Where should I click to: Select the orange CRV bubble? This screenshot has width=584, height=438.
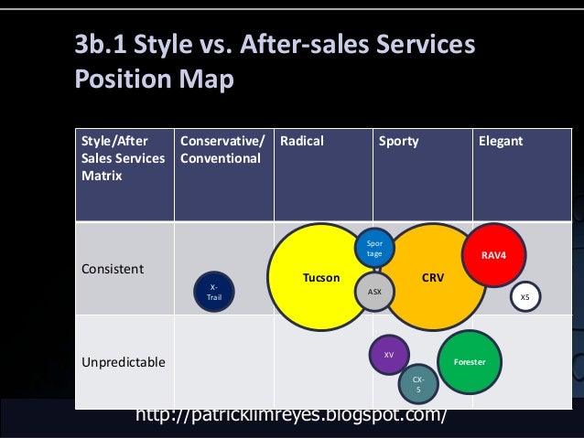pos(432,277)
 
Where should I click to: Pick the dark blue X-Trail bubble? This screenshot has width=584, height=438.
pos(213,291)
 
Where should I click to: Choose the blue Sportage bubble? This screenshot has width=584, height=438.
pos(374,248)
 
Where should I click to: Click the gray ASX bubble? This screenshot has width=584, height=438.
pos(374,292)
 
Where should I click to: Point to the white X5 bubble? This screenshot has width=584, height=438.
pos(525,297)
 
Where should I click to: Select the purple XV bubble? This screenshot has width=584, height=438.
pos(389,355)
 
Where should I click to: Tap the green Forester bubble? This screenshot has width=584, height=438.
pos(470,362)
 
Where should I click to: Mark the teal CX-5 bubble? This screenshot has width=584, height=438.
pos(418,384)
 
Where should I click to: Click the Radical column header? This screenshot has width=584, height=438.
pos(302,142)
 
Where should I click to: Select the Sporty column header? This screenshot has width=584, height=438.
pos(399,142)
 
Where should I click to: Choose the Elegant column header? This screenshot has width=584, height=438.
pos(500,142)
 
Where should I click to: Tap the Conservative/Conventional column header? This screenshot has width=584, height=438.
pos(222,150)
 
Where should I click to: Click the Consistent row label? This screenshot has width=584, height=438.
pos(112,271)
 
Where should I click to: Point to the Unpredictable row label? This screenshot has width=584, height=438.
pos(124,362)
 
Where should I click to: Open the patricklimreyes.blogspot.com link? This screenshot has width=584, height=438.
pos(291,416)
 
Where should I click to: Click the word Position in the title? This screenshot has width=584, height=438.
pos(125,80)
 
